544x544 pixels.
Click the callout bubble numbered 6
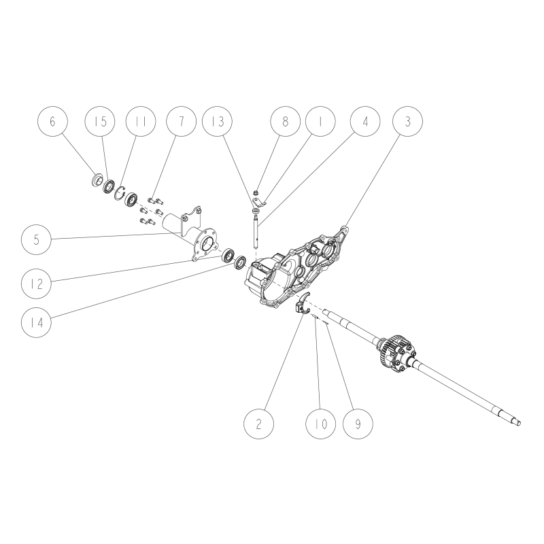point(53,121)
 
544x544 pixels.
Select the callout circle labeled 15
point(100,121)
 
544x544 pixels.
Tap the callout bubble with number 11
point(141,121)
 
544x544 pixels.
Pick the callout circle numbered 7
point(182,121)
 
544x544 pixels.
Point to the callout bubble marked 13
point(218,121)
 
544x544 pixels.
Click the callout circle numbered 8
point(286,121)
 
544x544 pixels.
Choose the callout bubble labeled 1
point(320,121)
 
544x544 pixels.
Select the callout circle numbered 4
point(365,121)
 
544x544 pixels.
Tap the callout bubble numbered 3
point(407,121)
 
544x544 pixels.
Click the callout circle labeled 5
point(37,240)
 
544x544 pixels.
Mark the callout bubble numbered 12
point(37,284)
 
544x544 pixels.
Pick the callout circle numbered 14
point(37,322)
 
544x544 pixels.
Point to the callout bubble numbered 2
point(259,424)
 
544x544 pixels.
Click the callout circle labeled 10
point(321,424)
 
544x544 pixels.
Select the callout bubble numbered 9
point(358,424)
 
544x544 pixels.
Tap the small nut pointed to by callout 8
point(256,192)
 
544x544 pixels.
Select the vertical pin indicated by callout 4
point(256,231)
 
